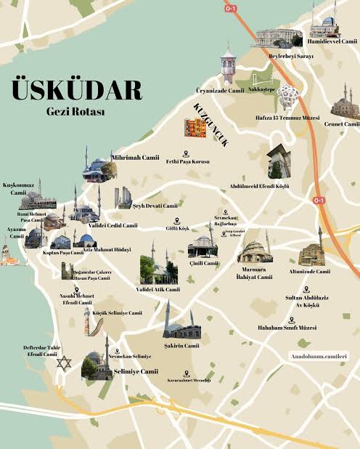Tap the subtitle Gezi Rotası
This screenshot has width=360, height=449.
click(75, 113)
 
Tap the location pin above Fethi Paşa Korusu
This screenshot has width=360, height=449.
click(186, 153)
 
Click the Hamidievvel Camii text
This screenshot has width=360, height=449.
click(332, 41)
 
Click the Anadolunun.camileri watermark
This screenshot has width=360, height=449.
click(319, 357)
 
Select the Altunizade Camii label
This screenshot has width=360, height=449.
click(310, 271)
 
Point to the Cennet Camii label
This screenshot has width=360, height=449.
click(342, 124)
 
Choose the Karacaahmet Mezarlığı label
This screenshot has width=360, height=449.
click(189, 380)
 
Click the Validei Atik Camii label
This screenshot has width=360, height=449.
click(158, 289)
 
